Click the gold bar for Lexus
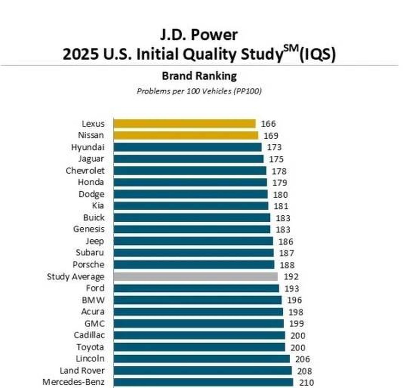pos(184,123)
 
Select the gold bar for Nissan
pos(186,135)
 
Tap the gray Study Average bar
pos(196,277)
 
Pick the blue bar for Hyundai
pos(187,147)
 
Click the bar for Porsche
pos(194,265)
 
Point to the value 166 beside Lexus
pos(268,124)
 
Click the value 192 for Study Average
pos(291,277)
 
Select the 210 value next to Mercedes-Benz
pos(307,383)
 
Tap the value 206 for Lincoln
pos(303,359)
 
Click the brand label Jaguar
pos(91,159)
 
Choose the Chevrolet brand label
pos(85,171)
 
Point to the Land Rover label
pos(82,371)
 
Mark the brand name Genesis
pos(89,229)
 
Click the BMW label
pos(93,300)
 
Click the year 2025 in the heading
pos(81,54)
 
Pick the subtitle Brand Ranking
pos(199,76)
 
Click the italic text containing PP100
pos(199,91)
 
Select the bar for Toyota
pos(199,347)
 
